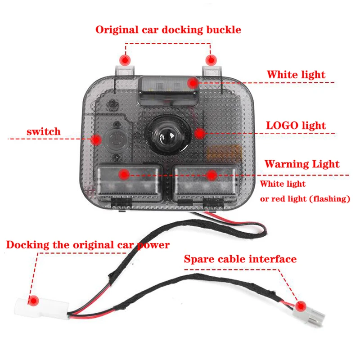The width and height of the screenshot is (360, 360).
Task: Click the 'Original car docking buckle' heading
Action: [x=168, y=30]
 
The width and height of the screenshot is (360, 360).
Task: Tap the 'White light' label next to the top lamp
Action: [x=296, y=74]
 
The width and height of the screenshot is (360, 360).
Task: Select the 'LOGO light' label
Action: [x=296, y=126]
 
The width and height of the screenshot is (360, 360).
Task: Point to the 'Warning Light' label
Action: [x=301, y=164]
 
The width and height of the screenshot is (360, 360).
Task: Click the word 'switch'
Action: [x=43, y=132]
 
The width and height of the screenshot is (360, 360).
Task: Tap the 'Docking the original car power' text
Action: [x=88, y=245]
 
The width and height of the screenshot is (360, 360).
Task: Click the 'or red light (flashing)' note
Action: [x=305, y=198]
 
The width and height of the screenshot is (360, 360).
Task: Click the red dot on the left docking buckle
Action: [x=125, y=59]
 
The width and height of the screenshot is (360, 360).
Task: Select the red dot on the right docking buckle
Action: [x=210, y=59]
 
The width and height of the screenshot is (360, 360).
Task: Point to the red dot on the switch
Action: [x=96, y=139]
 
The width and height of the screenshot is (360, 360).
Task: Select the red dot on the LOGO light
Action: [x=200, y=132]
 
